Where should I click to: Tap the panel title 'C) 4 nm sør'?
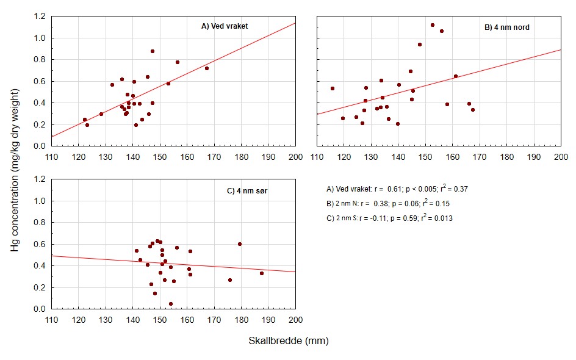point(247,191)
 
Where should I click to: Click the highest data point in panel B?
point(433,25)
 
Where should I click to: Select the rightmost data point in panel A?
point(207,68)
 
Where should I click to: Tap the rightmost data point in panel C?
point(262,273)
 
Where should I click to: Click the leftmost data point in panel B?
point(333,88)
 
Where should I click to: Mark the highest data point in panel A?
point(153,51)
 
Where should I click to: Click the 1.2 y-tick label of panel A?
point(40,16)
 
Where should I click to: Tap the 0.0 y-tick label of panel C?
point(40,309)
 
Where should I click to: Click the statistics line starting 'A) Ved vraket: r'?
point(397,189)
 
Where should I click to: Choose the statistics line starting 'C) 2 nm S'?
point(389,218)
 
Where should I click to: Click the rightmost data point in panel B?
point(473,110)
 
